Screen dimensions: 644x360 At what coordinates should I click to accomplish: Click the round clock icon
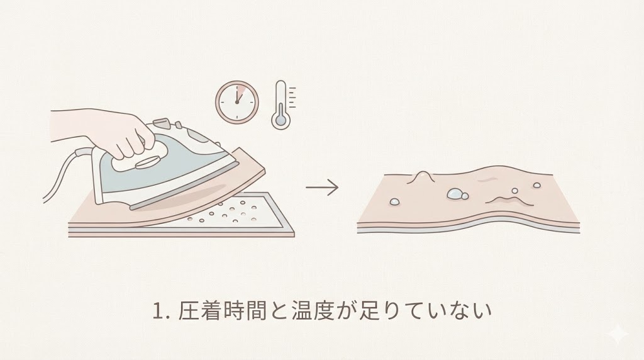237,101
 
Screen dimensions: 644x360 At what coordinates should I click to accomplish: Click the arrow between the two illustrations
322,188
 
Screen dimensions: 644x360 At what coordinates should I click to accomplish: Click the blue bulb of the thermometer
281,120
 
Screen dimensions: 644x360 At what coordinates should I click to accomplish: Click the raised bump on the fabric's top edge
421,175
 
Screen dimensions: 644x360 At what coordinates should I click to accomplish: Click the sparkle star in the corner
619,335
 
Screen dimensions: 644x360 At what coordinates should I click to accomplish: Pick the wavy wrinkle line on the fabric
509,200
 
